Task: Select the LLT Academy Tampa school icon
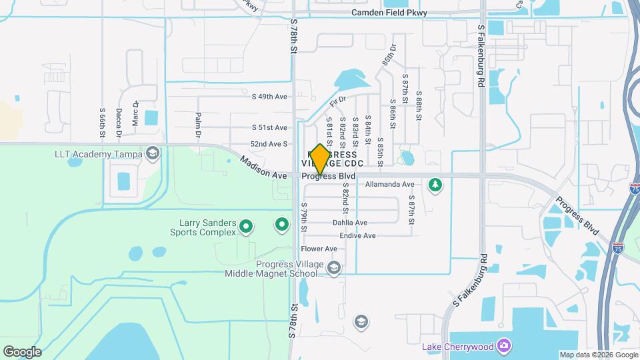[153, 154]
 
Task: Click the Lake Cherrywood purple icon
[505, 345]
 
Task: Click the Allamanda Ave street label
[390, 184]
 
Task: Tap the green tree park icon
[435, 184]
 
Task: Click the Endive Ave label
[357, 235]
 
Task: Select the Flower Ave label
[319, 249]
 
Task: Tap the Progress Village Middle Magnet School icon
[334, 269]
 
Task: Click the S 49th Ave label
[269, 97]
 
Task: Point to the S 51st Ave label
[269, 127]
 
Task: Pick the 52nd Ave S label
[269, 144]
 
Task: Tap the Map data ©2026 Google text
[597, 355]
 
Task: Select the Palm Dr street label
[198, 125]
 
